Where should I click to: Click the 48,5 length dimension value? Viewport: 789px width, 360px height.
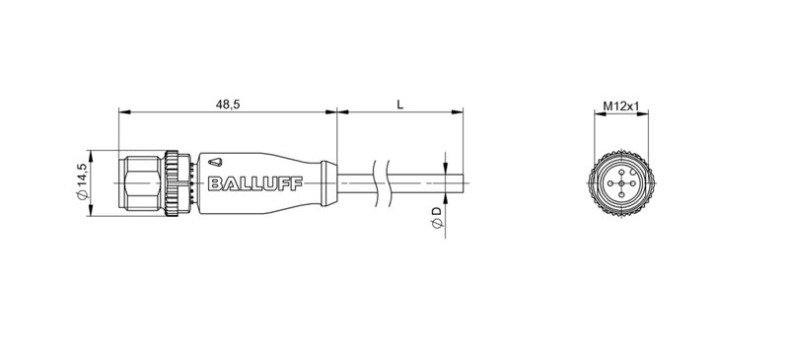pyautogui.click(x=228, y=103)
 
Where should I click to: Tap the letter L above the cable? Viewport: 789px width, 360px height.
pyautogui.click(x=398, y=103)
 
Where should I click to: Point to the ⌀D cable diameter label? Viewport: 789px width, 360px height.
pyautogui.click(x=436, y=223)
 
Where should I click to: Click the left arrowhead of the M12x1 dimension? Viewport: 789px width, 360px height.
pyautogui.click(x=597, y=114)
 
